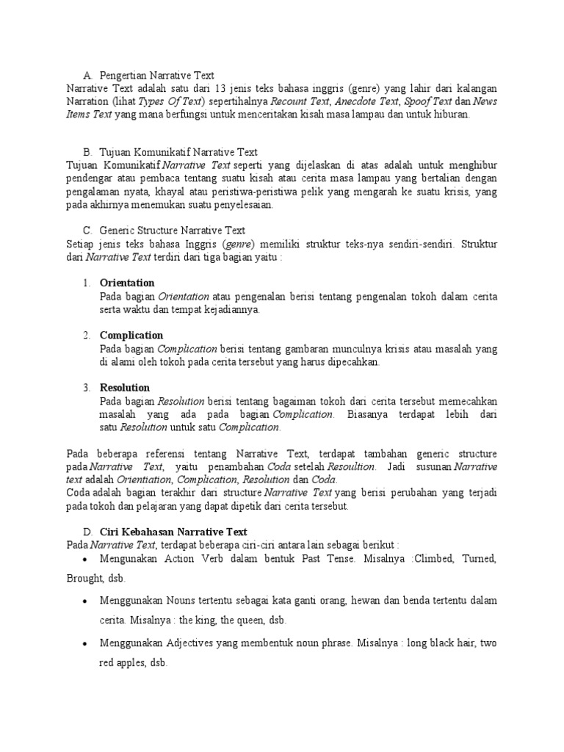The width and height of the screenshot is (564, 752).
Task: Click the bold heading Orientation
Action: pos(127,283)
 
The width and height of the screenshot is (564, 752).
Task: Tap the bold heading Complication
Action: pos(131,336)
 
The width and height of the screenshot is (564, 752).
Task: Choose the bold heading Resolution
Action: pos(125,388)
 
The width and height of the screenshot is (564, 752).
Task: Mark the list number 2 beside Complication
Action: pos(86,336)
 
